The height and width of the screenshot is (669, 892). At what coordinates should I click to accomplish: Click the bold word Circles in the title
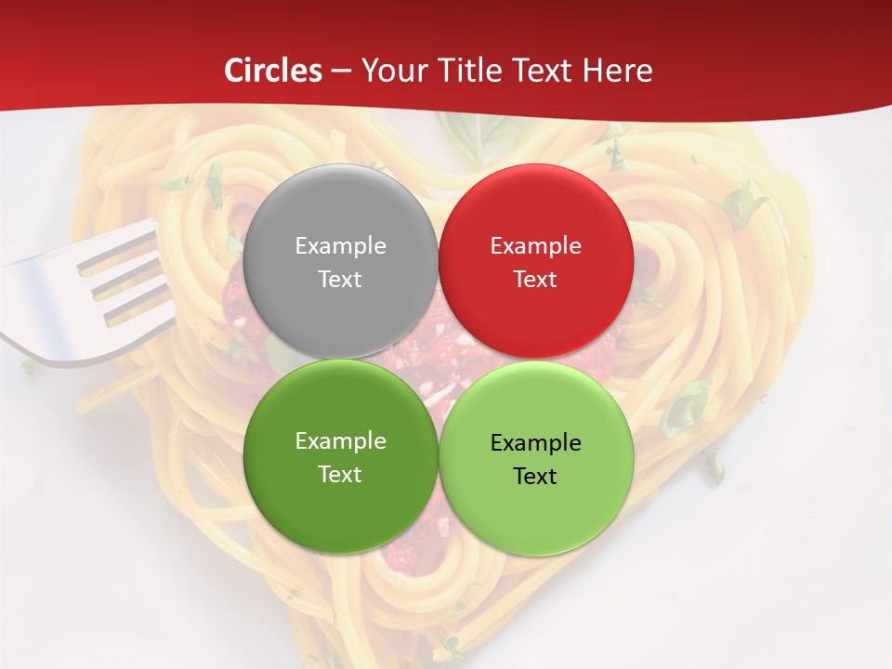click(273, 71)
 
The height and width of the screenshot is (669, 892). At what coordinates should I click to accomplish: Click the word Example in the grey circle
click(340, 246)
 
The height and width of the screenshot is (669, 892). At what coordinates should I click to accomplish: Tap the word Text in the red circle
click(535, 280)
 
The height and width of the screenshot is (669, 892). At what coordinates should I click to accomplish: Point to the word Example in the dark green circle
click(340, 441)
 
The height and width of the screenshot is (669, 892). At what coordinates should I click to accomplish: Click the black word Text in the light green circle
click(535, 477)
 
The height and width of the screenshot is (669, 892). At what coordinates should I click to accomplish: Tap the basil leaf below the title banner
click(474, 139)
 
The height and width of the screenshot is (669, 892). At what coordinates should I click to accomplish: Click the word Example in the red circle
click(535, 246)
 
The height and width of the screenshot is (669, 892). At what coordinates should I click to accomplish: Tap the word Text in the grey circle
click(340, 280)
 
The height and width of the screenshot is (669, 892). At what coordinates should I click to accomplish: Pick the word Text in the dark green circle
click(340, 475)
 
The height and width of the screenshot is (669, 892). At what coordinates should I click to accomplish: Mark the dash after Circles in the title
click(341, 72)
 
